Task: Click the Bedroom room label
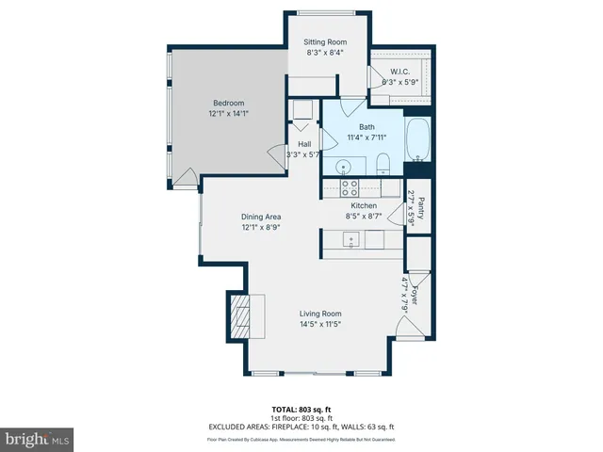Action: [228, 103]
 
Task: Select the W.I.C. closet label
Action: [399, 72]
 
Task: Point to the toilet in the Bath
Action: [383, 168]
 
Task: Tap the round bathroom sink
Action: [345, 167]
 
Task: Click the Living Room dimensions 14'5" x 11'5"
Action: [320, 325]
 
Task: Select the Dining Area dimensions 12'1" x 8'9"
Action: [261, 227]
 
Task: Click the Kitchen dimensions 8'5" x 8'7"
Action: [364, 217]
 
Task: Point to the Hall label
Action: [304, 143]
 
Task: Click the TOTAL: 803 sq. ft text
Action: [301, 409]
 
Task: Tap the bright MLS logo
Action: [38, 439]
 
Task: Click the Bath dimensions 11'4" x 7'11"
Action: [367, 137]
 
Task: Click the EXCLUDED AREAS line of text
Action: [301, 427]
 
